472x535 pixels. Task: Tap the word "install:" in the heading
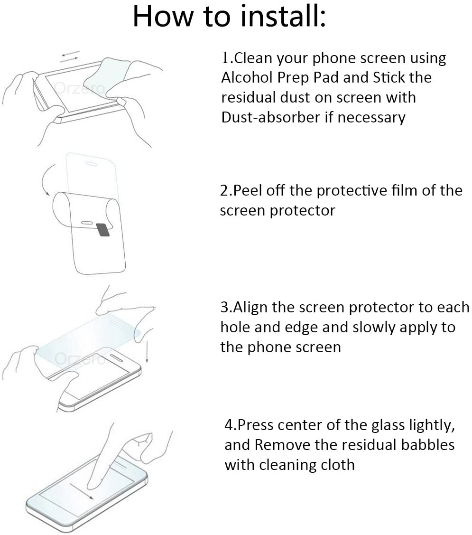pos(283,17)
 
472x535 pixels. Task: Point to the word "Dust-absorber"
pos(271,117)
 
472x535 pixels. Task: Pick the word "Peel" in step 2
pos(250,190)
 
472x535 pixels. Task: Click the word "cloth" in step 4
pos(338,464)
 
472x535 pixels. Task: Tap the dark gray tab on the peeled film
pos(102,230)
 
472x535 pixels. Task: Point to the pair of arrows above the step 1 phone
pos(70,56)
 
